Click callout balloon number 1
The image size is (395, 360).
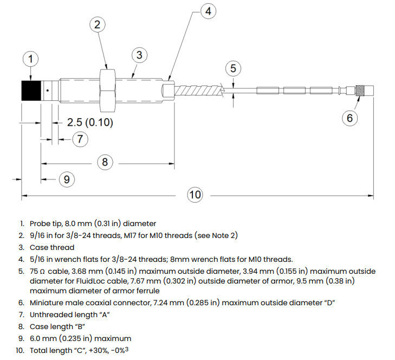pos(31,59)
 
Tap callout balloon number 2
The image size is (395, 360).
pos(97,24)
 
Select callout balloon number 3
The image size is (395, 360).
pos(139,55)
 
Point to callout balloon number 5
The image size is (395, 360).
pos(233,68)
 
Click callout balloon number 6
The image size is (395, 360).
pos(349,117)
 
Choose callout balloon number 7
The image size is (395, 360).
pos(80,139)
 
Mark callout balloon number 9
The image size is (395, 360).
pos(66,179)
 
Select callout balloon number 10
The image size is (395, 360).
pos(195,195)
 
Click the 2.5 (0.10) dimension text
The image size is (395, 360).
pos(90,123)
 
